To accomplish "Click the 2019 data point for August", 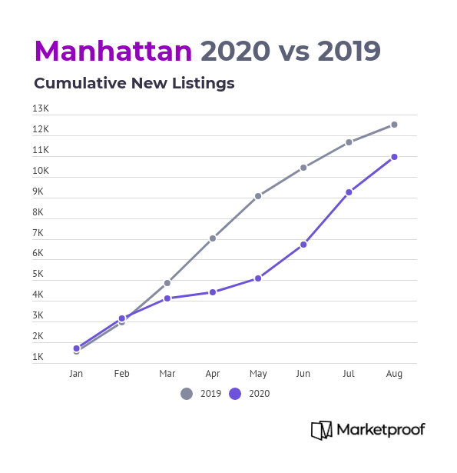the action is point(394,125).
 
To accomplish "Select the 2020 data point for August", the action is point(394,157).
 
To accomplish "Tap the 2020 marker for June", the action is point(303,245).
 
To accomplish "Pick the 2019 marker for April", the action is point(213,238).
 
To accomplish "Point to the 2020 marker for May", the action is point(258,278).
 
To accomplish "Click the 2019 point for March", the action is point(167,283).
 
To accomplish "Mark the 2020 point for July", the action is point(349,192).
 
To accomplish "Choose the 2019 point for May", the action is point(258,196).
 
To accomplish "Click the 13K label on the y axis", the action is point(41,108).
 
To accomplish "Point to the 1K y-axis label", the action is point(38,357).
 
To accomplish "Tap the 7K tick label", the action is point(38,233).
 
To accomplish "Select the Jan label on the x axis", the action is point(76,374).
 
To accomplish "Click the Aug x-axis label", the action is point(394,374).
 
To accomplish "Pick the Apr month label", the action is point(213,374).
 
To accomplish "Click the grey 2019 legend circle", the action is point(187,394).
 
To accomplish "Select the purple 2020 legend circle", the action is point(235,394).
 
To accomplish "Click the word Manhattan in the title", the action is point(113,51).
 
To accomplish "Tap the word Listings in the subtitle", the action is point(204,84).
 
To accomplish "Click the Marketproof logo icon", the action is point(322,430).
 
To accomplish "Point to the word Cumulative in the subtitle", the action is point(80,83).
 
